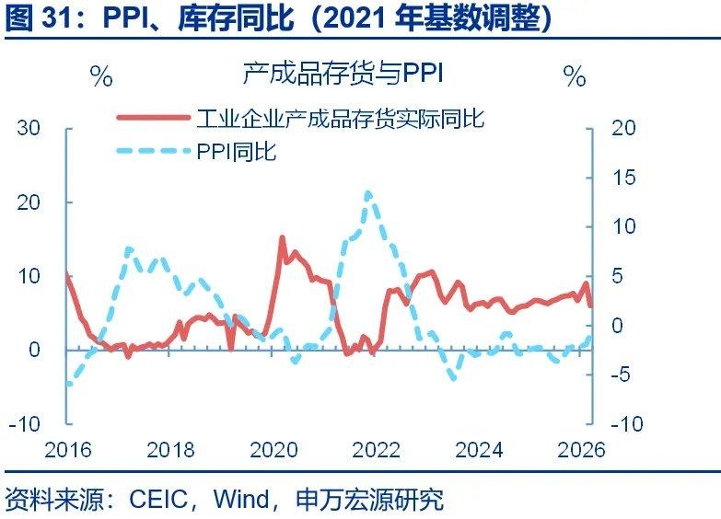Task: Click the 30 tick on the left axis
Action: tap(29, 128)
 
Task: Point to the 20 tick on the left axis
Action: tap(29, 202)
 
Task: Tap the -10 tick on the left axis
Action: tap(25, 424)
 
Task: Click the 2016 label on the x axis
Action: tap(68, 450)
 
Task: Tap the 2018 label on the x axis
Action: tap(171, 450)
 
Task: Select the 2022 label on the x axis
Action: tap(377, 450)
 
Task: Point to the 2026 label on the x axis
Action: tap(581, 450)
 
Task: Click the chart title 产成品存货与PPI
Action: tap(343, 74)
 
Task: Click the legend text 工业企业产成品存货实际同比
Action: tap(341, 118)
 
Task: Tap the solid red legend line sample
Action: tap(153, 118)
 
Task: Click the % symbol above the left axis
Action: tap(101, 76)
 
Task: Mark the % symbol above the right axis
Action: tap(575, 76)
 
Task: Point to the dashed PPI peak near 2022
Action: tap(368, 193)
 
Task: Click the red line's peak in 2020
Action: tap(282, 237)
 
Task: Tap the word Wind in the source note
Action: tap(242, 500)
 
